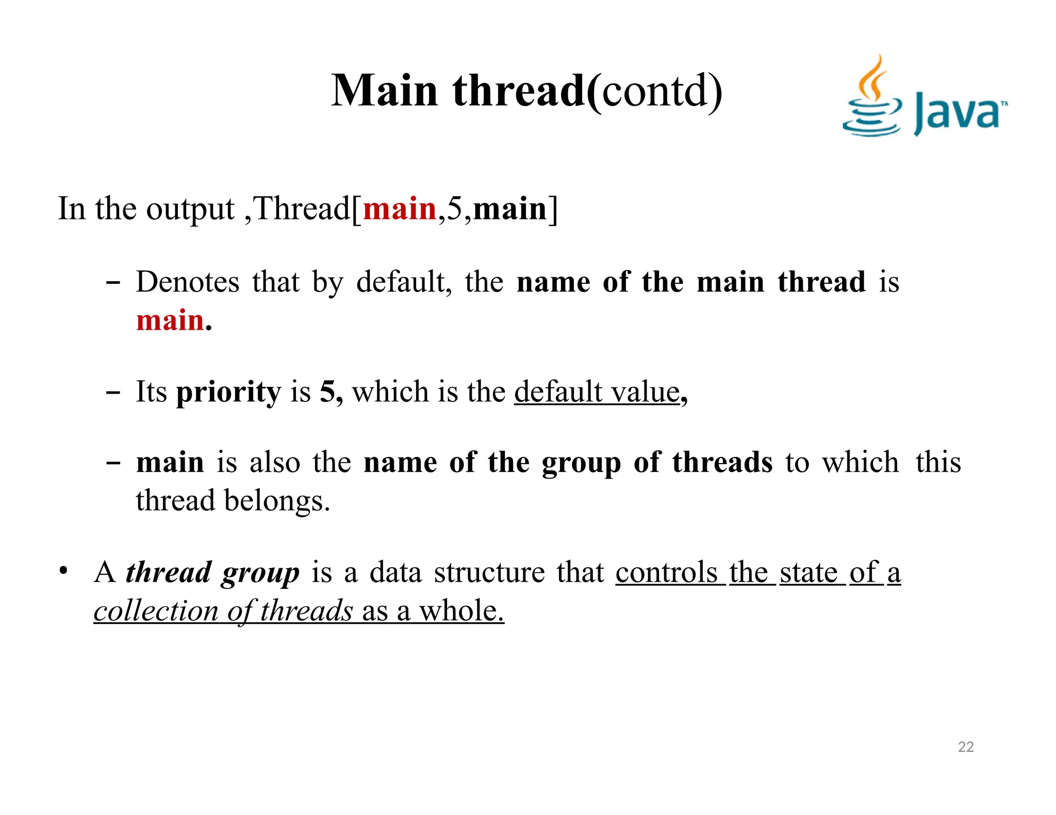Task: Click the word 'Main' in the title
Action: (x=384, y=91)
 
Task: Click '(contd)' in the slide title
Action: (x=655, y=91)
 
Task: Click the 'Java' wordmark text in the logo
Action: (x=958, y=113)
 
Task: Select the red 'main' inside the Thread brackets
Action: (x=400, y=210)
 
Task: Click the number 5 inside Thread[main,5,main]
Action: (x=454, y=210)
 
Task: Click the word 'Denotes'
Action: (x=188, y=282)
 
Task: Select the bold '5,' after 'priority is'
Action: (x=331, y=392)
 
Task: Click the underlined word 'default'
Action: (x=558, y=392)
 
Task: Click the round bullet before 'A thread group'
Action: (x=63, y=571)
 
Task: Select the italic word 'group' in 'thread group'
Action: (x=260, y=573)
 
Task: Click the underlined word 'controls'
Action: (x=666, y=572)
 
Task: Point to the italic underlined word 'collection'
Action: (x=156, y=612)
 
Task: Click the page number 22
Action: (x=965, y=747)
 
